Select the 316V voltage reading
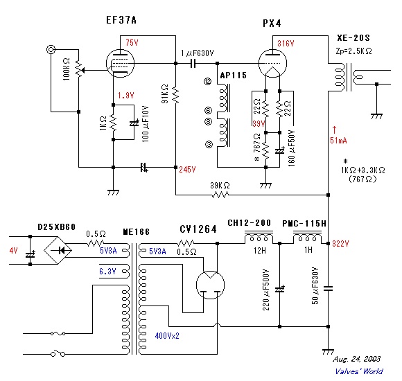[286, 44]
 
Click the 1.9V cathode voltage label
[126, 95]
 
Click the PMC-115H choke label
[304, 223]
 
